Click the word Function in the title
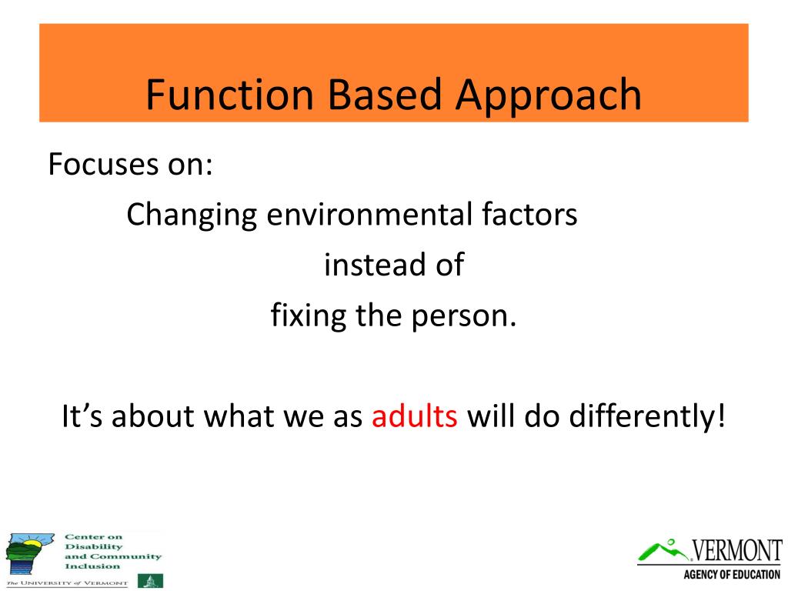[230, 95]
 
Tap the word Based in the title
[385, 95]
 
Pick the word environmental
[369, 215]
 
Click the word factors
[529, 215]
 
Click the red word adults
[415, 416]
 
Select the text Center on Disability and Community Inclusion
[113, 551]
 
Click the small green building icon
[150, 580]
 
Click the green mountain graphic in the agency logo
[663, 551]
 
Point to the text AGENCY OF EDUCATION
[732, 574]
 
